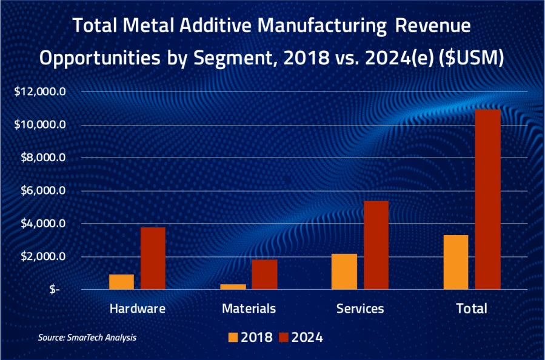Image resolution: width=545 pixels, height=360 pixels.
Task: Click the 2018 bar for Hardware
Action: (121, 282)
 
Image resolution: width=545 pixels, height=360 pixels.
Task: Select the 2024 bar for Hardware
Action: (153, 258)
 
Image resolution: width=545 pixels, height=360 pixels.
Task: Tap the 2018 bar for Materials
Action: (233, 287)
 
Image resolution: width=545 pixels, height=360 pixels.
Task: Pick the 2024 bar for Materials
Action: (264, 275)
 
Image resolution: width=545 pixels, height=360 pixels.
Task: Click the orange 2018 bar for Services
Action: (344, 272)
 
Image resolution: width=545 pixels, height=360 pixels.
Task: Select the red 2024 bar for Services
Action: (376, 245)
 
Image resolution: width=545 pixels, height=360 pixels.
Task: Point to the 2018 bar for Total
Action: (456, 262)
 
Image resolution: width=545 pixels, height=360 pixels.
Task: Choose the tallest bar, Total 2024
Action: (487, 199)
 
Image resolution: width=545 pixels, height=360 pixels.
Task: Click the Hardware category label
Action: (137, 308)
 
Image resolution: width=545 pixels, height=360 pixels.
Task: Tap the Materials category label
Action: (249, 308)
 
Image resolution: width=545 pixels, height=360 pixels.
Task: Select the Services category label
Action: (360, 308)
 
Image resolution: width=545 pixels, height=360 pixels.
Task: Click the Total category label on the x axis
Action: (472, 308)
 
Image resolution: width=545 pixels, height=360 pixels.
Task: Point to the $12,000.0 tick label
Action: (42, 92)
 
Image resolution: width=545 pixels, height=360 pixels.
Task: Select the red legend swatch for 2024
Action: (282, 337)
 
